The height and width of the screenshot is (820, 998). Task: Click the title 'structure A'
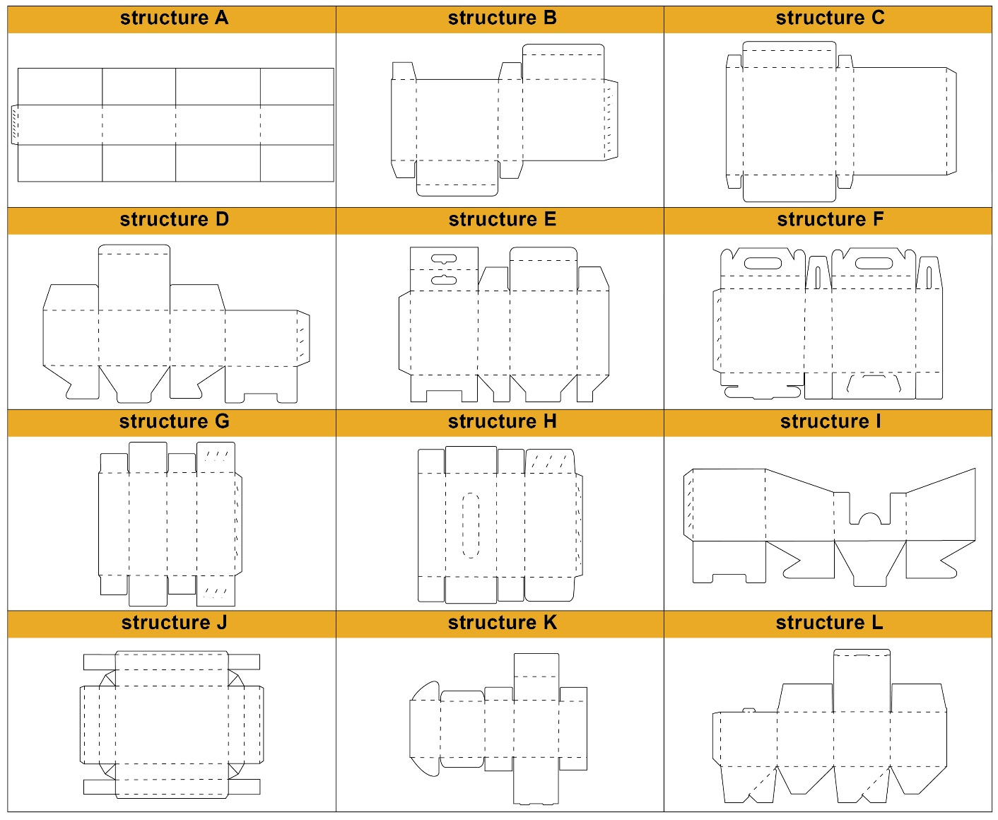(x=174, y=18)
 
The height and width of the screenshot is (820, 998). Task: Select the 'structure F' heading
(x=830, y=219)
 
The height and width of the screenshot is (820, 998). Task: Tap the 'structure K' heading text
(x=502, y=623)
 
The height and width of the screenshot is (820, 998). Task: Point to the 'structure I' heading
(x=830, y=421)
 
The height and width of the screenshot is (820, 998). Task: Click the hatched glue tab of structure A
(x=15, y=124)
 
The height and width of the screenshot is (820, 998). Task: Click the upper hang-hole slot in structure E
(x=443, y=259)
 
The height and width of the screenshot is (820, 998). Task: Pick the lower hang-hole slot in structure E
(x=443, y=280)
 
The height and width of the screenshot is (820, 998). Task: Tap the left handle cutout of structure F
(x=763, y=263)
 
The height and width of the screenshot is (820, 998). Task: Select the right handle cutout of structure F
(x=874, y=263)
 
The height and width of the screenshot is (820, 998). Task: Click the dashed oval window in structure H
(x=470, y=526)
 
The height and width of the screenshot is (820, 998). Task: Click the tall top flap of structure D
(x=134, y=277)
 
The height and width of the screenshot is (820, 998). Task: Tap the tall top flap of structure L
(x=862, y=681)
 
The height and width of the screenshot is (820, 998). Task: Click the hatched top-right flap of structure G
(x=216, y=457)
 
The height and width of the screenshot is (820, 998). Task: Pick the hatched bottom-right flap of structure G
(x=216, y=591)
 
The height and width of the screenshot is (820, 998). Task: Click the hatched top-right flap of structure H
(x=550, y=462)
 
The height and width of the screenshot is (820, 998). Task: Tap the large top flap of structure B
(x=563, y=61)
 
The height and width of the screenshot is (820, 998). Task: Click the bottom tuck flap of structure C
(x=789, y=188)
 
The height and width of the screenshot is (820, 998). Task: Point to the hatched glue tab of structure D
(x=303, y=338)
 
